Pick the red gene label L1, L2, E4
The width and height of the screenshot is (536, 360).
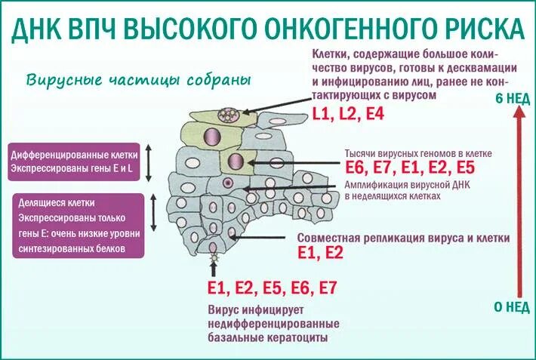(x=348, y=114)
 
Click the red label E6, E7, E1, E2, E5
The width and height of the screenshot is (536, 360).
(x=411, y=168)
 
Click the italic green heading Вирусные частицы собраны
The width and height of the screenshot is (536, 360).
(x=137, y=80)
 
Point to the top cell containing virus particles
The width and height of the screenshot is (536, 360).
(x=227, y=115)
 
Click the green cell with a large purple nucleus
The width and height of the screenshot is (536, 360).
(x=235, y=161)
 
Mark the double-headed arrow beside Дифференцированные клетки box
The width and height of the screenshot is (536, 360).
(x=149, y=161)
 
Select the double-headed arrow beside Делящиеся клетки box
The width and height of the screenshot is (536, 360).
(x=154, y=213)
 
